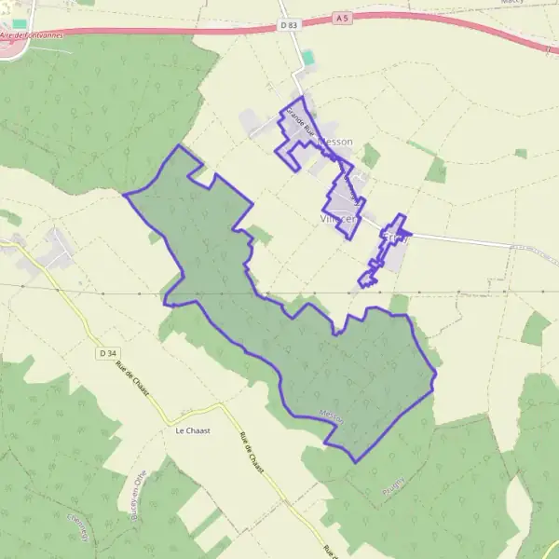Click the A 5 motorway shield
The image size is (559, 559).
pos(343,17)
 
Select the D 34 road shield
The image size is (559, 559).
pos(106,352)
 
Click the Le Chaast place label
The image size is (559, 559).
pos(189,431)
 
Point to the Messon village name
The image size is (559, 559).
pos(335,142)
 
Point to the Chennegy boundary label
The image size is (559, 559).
pos(80,527)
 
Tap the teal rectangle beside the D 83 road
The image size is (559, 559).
pos(308,58)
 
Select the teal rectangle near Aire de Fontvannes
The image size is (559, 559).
pos(20,22)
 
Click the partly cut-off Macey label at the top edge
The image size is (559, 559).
pos(511,3)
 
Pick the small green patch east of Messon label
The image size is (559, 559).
pos(371,156)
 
